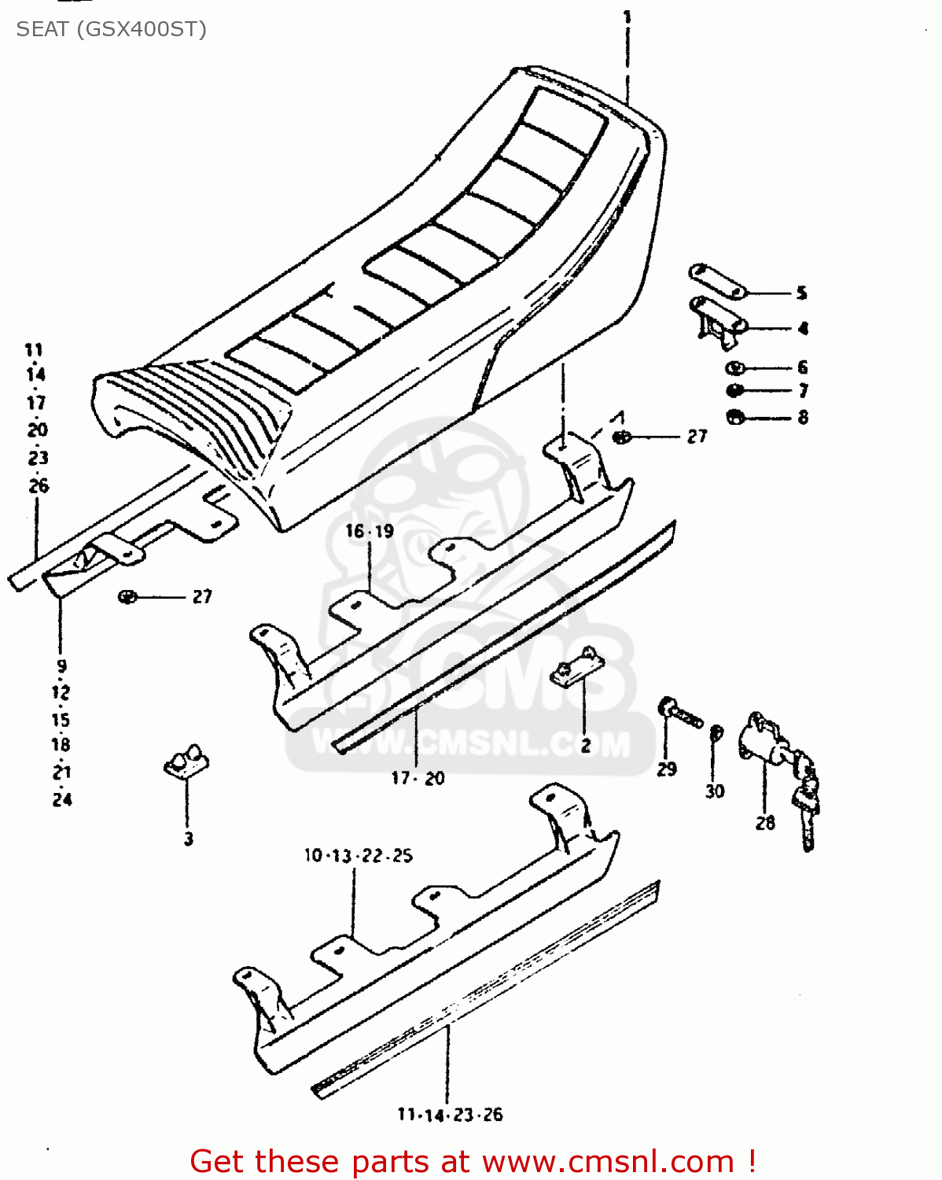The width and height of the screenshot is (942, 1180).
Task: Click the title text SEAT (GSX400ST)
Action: pos(111,29)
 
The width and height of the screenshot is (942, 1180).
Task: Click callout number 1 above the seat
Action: pos(627,17)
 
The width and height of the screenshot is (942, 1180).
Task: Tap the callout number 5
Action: pos(801,293)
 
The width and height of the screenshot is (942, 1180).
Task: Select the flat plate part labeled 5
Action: pos(717,282)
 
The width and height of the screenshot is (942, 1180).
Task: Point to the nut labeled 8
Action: pos(735,417)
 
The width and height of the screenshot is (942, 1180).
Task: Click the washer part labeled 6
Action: pos(735,367)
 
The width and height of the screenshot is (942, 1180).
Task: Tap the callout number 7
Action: pos(803,391)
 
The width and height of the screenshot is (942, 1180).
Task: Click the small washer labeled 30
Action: pos(716,733)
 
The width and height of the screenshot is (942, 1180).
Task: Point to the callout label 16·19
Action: pos(370,532)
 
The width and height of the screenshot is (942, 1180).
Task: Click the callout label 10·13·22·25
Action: pos(358,855)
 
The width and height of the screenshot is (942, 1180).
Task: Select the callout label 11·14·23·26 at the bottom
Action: pos(450,1115)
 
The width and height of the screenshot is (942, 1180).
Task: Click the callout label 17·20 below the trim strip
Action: pos(418,778)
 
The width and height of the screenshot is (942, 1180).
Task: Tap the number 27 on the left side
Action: pos(202,597)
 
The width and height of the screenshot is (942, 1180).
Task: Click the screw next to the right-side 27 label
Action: pos(621,437)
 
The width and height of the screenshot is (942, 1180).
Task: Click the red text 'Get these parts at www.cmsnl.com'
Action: pos(473,1161)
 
